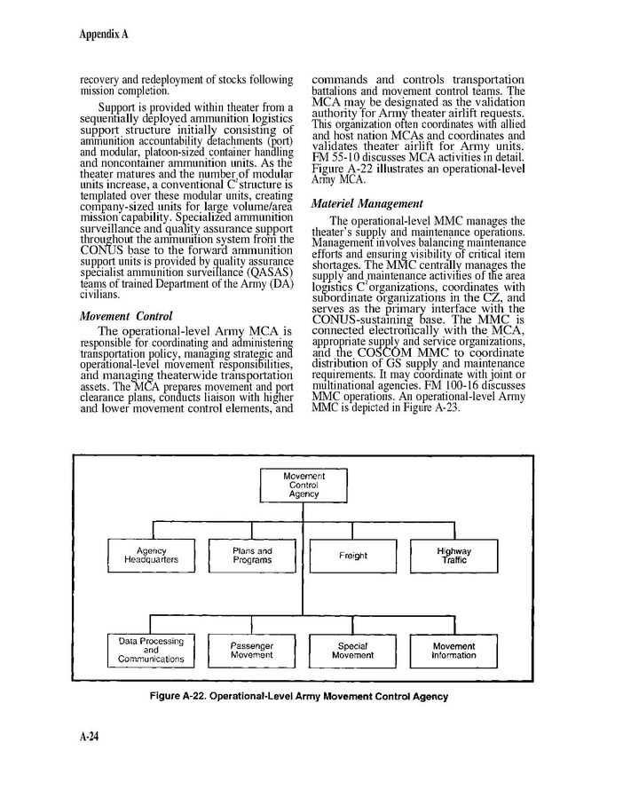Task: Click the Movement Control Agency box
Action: pos(304,485)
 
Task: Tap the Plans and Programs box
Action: pos(252,556)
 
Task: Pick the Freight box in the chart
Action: pos(352,556)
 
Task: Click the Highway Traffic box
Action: pos(453,556)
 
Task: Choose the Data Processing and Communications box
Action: pos(151,650)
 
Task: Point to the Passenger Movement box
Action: pos(252,650)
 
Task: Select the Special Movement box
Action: pos(352,650)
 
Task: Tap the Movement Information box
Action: pos(453,650)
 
